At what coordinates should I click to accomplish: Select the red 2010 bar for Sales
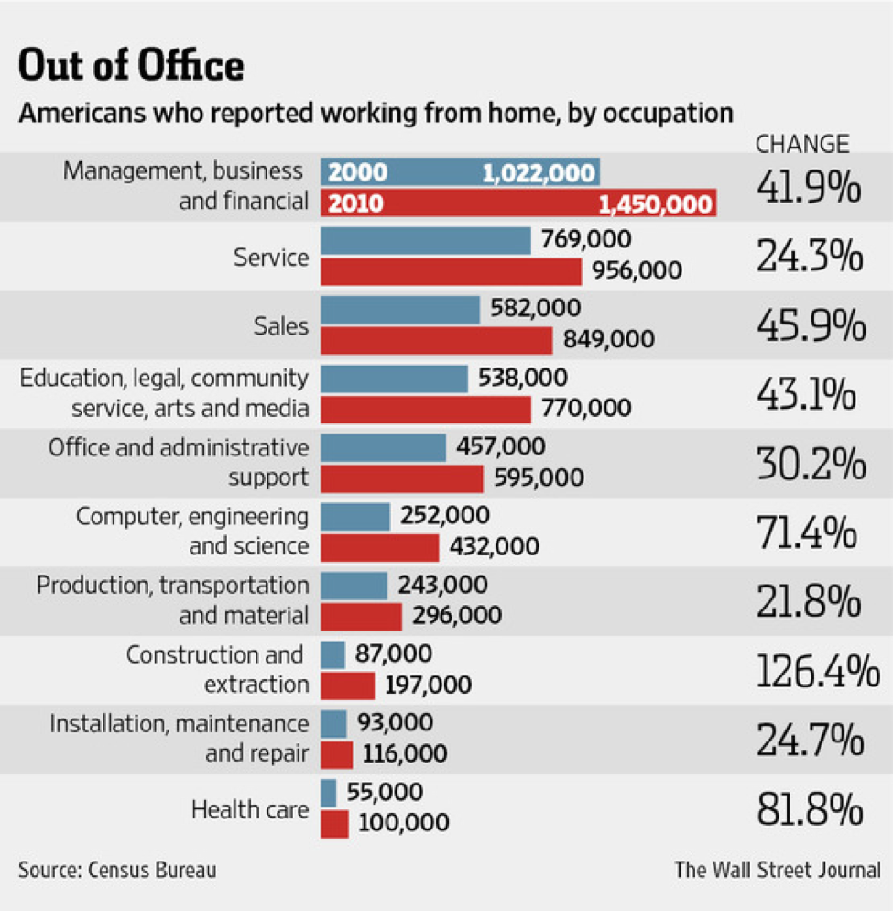point(436,340)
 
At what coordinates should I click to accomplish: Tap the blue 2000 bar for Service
point(425,241)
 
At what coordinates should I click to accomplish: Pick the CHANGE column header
point(802,144)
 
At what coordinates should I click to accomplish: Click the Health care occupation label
point(249,809)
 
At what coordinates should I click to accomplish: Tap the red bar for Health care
point(334,823)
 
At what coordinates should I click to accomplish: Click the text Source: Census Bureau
point(117,869)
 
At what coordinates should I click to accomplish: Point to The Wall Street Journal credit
point(778,869)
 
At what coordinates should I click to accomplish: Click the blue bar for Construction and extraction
point(332,654)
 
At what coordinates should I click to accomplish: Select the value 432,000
point(494,547)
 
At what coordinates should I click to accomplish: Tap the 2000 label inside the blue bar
point(357,172)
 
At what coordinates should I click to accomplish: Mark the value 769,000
point(585,240)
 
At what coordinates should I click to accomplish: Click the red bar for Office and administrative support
point(401,478)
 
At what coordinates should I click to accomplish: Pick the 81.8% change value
point(810,809)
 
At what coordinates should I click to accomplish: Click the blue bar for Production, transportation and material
point(354,585)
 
